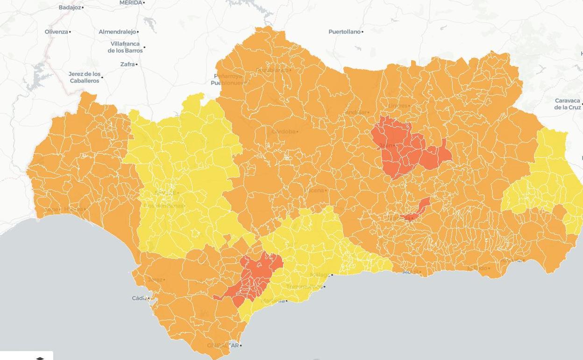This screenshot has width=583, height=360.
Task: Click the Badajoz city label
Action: (70, 7)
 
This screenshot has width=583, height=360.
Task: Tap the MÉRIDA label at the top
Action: (130, 3)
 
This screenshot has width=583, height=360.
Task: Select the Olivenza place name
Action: (57, 32)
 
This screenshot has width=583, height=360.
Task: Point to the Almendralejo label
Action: (117, 32)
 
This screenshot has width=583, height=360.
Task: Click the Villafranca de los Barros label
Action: (125, 47)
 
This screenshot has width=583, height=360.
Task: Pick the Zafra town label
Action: (127, 65)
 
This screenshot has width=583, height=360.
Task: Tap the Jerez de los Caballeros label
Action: (85, 77)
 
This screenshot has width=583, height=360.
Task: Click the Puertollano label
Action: (344, 32)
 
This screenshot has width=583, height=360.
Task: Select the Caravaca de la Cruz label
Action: (567, 104)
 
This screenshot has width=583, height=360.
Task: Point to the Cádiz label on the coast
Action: (139, 298)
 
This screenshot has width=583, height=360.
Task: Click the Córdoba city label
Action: (283, 132)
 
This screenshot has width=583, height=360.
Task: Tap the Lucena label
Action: (315, 190)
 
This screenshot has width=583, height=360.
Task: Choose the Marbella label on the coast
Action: (273, 301)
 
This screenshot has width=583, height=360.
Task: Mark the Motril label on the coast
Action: (410, 272)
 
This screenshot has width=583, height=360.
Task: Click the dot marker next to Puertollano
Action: (363, 32)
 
